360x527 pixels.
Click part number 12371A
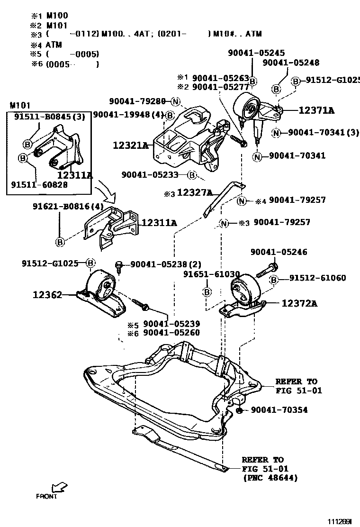[316, 110]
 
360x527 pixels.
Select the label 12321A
[130, 145]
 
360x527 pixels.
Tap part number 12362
[47, 294]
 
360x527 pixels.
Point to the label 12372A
[299, 303]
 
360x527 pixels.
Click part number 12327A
[195, 192]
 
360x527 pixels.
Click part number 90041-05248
[291, 63]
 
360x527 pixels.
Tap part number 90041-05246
[279, 252]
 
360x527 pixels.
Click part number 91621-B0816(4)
[68, 207]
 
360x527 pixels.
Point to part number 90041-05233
[150, 175]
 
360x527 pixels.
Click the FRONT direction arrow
[60, 487]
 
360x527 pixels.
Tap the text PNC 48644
[270, 478]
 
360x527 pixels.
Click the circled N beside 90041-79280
[176, 101]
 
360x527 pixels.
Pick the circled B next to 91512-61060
[273, 281]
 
